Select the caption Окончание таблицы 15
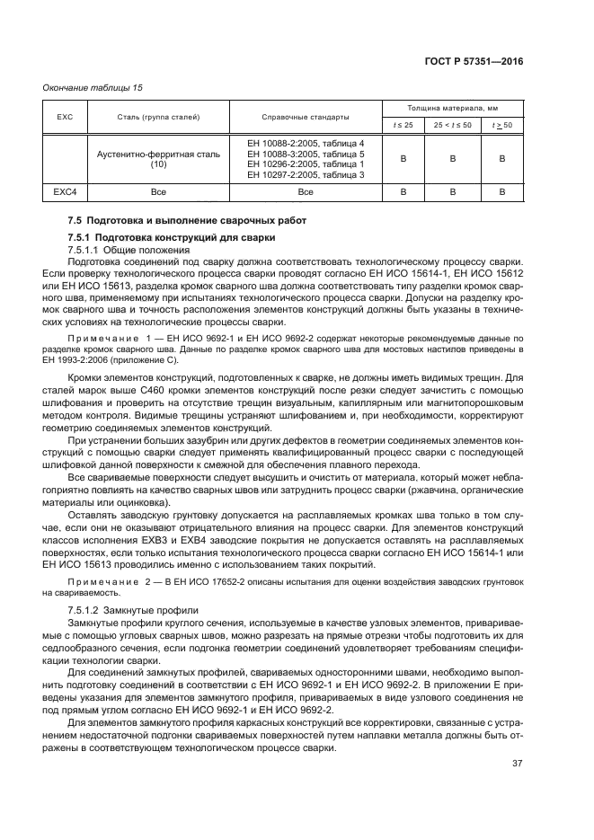pyautogui.click(x=93, y=88)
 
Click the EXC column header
pyautogui.click(x=64, y=117)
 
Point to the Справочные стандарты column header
pyautogui.click(x=306, y=117)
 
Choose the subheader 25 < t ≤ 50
pyautogui.click(x=453, y=125)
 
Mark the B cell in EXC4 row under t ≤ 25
pyautogui.click(x=403, y=191)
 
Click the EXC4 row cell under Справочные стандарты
pyautogui.click(x=306, y=191)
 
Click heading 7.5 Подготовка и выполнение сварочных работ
pyautogui.click(x=187, y=220)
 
